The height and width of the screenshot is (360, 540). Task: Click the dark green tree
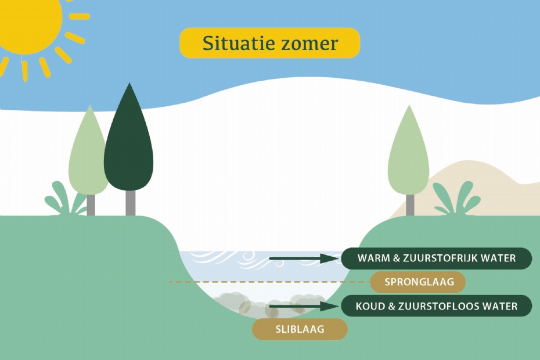point(128,145)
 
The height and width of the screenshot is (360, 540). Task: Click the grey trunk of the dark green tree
point(130,203)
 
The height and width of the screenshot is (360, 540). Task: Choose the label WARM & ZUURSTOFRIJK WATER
point(436,258)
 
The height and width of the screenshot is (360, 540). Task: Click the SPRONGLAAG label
point(418,282)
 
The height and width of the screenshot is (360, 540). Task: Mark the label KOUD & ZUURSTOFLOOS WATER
point(436,306)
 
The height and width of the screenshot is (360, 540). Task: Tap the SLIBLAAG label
point(299,329)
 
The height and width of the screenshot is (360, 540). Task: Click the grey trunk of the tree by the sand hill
point(410,205)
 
